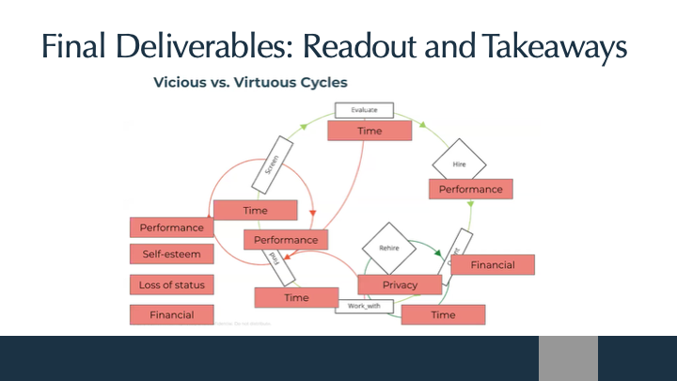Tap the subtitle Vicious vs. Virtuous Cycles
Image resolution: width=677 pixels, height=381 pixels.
[250, 83]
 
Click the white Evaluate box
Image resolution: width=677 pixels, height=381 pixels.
[364, 110]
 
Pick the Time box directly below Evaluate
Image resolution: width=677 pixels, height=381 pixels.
[370, 131]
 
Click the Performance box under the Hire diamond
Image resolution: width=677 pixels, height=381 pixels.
[471, 189]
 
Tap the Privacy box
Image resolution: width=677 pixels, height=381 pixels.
[400, 284]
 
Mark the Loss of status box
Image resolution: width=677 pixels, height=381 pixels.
[171, 284]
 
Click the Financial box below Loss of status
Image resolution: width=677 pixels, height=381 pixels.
[171, 315]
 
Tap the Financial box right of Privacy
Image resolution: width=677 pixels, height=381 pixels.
[493, 264]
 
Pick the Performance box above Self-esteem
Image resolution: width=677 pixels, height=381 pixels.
[171, 228]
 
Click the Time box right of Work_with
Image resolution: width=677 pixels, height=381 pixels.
[443, 315]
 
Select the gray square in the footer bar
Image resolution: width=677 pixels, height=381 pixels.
[568, 358]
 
